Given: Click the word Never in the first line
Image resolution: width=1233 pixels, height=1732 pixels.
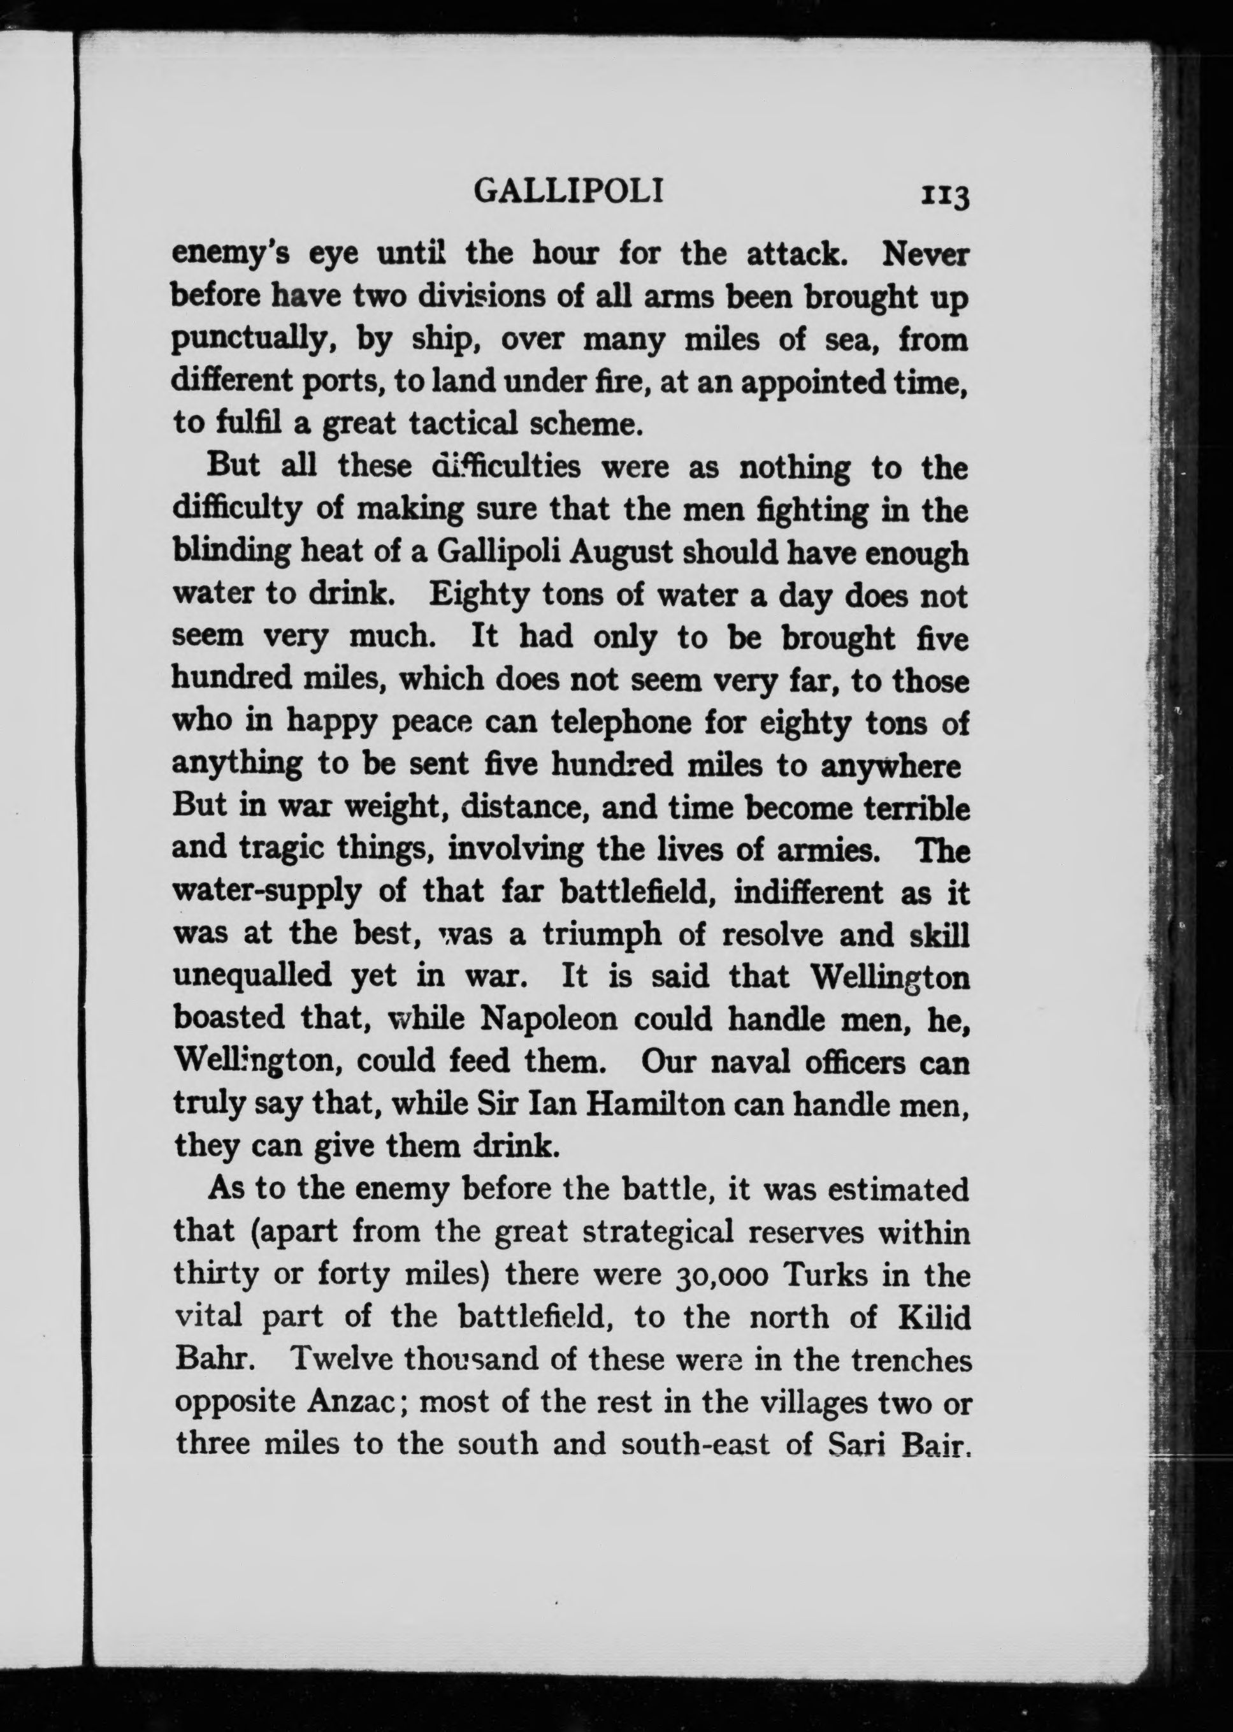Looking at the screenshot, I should click(925, 255).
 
